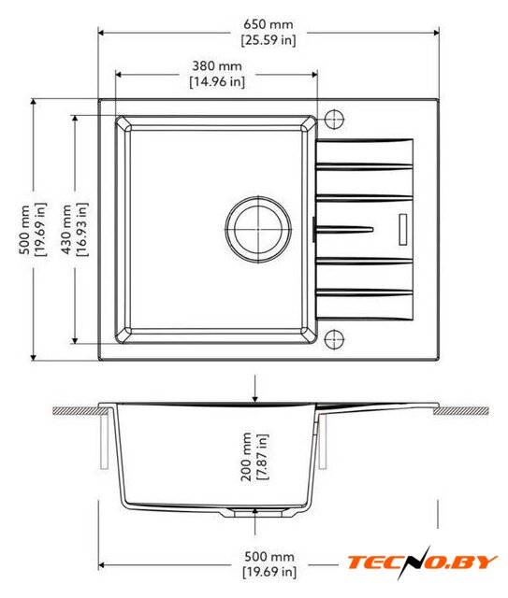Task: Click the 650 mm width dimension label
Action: coord(269,24)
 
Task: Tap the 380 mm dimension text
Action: coord(217,66)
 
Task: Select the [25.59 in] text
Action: coord(269,40)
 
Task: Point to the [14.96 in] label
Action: coord(217,81)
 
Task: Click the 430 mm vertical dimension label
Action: coord(66,229)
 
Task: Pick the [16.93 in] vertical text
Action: coord(81,229)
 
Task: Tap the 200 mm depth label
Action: coord(246,457)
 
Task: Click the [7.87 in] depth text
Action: coord(262,457)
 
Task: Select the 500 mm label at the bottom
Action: coord(269,557)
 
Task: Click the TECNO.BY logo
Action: coord(422,562)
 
